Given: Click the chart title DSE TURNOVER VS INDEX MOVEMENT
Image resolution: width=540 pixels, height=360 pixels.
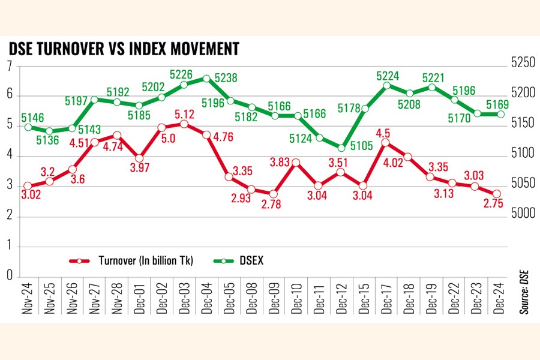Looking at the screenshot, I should click(124, 49).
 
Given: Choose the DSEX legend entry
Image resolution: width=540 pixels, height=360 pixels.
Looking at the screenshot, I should click(244, 260).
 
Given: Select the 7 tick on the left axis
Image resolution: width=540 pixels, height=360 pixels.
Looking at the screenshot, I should click(10, 66).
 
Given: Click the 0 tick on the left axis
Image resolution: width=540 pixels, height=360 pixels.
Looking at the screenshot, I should click(10, 275).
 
